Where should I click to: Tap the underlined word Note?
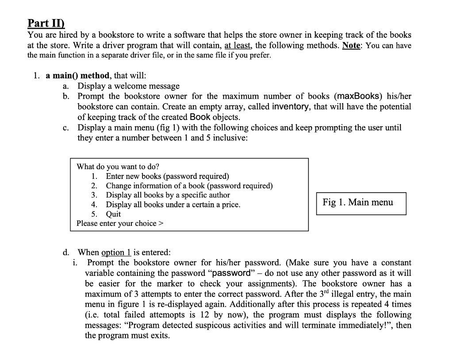[351, 45]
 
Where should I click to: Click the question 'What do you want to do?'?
[118, 167]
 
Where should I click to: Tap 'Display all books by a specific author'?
[168, 195]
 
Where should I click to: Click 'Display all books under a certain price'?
[173, 205]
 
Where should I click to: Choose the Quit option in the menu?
[113, 214]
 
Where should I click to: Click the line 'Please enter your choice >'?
[120, 223]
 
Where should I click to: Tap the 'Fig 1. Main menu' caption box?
[361, 203]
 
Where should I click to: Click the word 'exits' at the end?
[159, 335]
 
